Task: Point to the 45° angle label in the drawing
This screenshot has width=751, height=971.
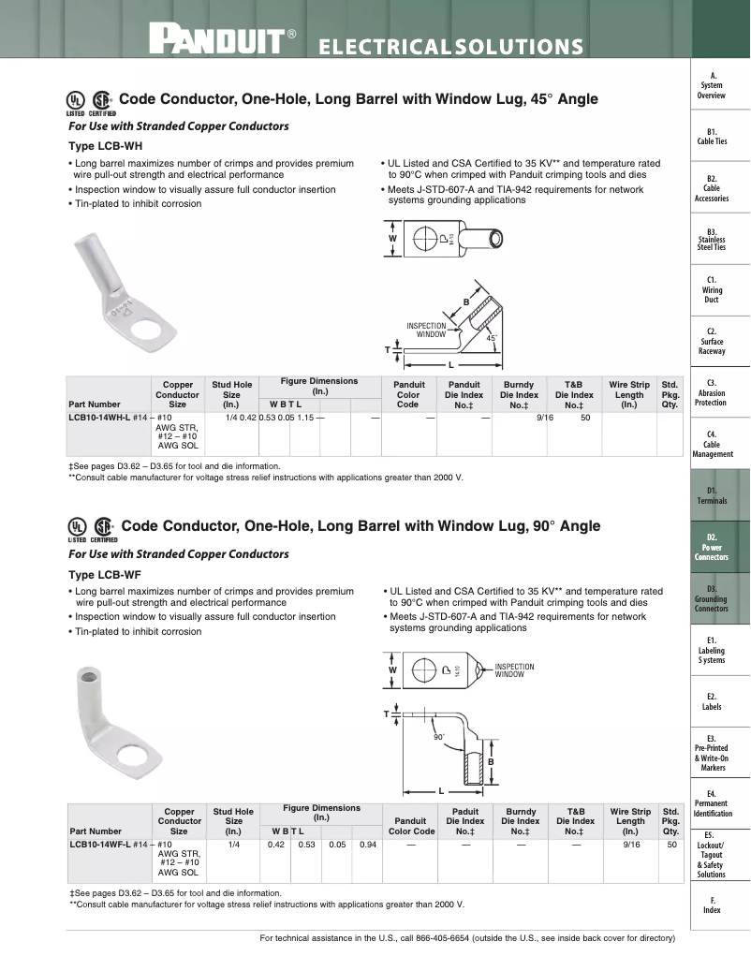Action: (x=491, y=338)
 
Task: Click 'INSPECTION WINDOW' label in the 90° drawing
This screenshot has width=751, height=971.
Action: (x=514, y=670)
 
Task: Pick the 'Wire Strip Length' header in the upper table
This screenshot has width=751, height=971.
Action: (x=629, y=394)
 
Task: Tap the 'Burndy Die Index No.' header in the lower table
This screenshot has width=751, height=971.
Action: (x=521, y=821)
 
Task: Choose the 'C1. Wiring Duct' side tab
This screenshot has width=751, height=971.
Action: (x=712, y=289)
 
